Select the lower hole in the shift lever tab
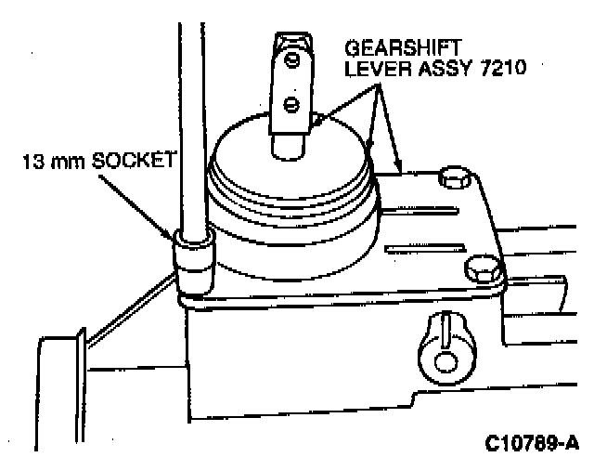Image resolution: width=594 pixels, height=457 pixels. coord(292,101)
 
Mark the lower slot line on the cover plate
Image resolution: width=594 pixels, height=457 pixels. coord(413,246)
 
